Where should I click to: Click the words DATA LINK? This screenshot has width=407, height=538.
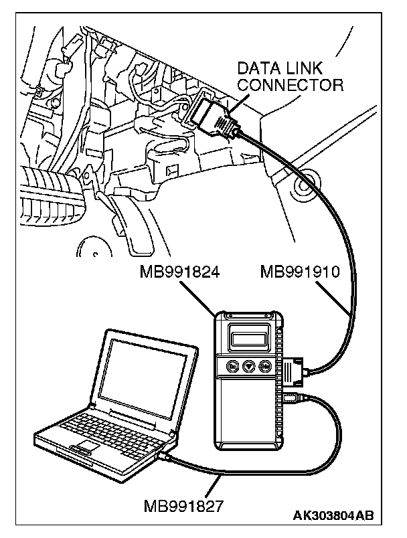(290, 69)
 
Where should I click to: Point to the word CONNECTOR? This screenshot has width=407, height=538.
(291, 85)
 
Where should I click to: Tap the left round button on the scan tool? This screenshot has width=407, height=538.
(232, 366)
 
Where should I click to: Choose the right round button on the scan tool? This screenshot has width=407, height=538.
(266, 367)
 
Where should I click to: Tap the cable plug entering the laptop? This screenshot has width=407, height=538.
(165, 456)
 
